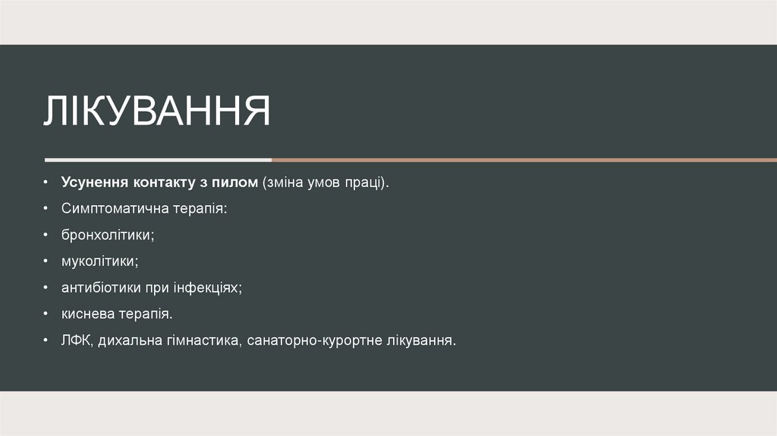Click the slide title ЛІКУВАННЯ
pos(157,112)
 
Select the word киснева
pos(87,313)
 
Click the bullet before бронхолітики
pos(46,235)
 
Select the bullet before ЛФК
pos(46,340)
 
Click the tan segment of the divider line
pos(524,160)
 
